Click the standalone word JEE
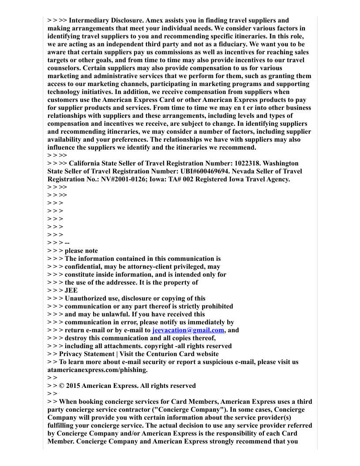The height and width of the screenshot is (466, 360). tap(71, 290)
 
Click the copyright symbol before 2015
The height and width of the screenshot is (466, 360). tap(62, 386)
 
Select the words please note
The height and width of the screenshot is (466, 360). tap(81, 251)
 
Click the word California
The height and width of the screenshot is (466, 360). tap(87, 163)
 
